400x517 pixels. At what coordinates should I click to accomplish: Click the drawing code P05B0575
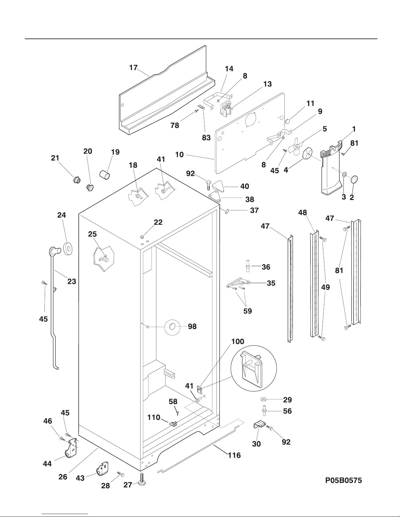[x=343, y=480]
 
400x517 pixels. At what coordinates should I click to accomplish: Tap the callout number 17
[x=133, y=68]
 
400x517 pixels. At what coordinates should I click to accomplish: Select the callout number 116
[x=234, y=455]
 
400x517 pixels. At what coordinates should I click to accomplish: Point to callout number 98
[x=192, y=327]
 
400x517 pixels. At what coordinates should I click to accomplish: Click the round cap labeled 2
[x=355, y=179]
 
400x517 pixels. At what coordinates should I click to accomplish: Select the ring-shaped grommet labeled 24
[x=68, y=249]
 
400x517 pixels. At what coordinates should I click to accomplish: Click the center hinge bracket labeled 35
[x=238, y=283]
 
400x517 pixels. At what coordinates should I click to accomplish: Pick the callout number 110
[x=154, y=417]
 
